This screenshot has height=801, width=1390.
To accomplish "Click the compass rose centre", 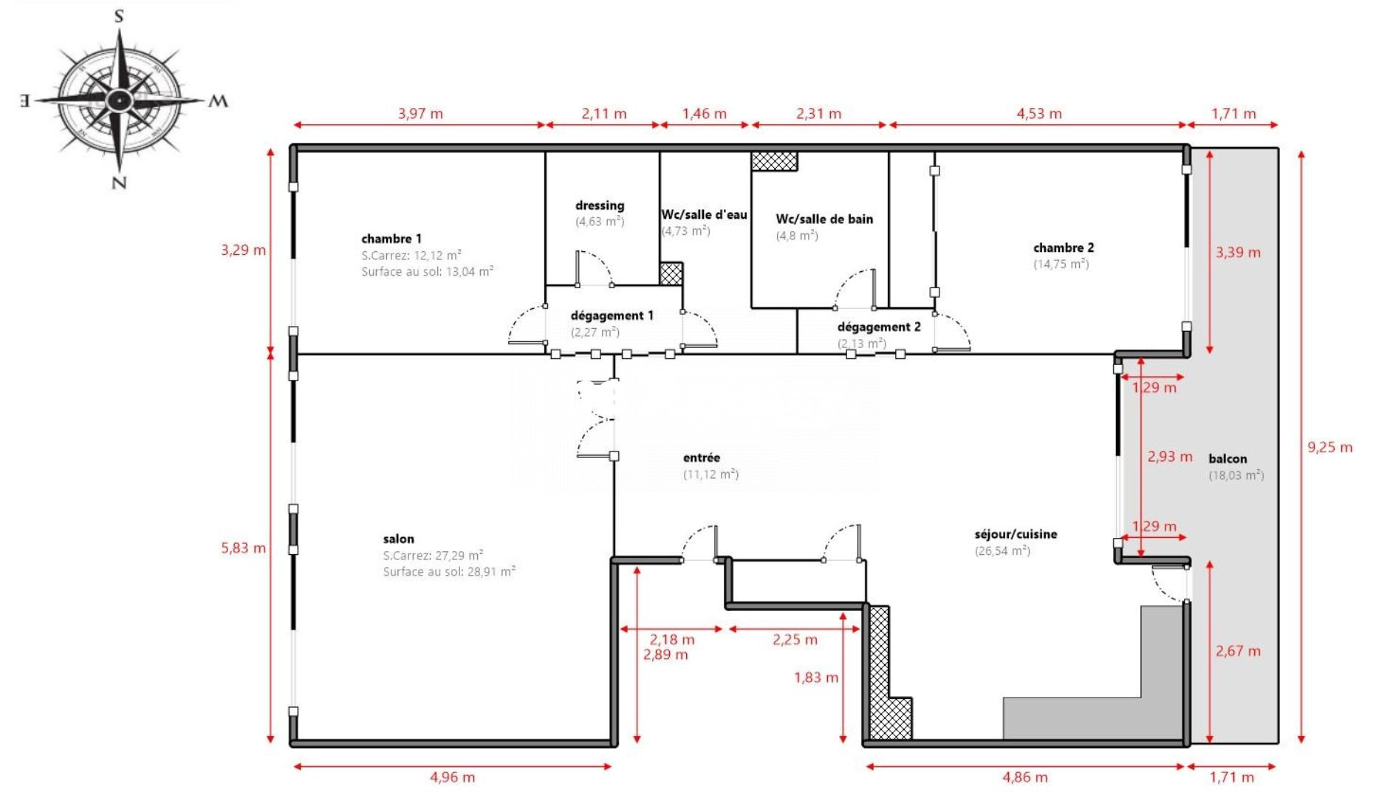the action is coord(119,99).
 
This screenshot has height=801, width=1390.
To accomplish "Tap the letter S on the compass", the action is coord(119,16).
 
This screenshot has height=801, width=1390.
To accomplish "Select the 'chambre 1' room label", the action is coord(391,239).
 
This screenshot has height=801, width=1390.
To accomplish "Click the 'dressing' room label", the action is coord(600,205).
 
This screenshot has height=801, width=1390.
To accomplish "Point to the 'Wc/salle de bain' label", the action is coord(824,219).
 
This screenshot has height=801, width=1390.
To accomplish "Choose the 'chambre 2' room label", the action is coord(1064,248).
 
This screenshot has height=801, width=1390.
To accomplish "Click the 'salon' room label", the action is coord(399,539).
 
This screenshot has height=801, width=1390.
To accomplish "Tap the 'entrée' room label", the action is coord(702,458).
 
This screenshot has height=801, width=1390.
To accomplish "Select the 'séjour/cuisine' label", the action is coord(1016,534).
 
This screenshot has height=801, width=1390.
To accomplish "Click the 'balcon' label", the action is coord(1228,459).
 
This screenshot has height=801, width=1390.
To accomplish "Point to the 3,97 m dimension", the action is coord(420,114).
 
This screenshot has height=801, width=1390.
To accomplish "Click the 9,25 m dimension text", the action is coord(1330,447).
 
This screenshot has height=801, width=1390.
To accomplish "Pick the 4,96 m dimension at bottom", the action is coord(453,777).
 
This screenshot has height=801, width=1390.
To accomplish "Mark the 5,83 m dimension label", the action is coord(243,548).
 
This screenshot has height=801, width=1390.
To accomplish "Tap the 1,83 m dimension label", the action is coord(816,678).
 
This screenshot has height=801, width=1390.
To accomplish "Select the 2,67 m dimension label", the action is coord(1238,651).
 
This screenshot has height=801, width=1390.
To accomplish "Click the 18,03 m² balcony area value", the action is coord(1236,475).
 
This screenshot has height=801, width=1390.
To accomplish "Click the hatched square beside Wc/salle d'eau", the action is coord(671,273).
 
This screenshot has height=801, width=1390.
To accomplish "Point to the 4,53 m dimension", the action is coord(1039,114).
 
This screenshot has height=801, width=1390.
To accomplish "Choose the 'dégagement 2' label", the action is coord(879,327).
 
